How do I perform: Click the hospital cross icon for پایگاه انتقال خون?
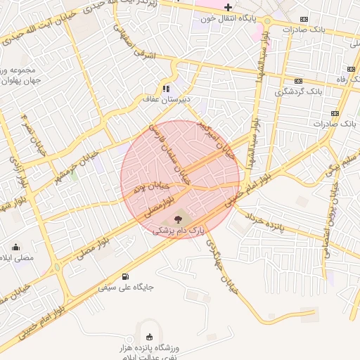pyautogui.click(x=228, y=7)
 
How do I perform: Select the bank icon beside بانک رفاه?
pyautogui.click(x=351, y=69)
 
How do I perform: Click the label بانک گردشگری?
pyautogui.click(x=300, y=91)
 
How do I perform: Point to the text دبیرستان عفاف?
pyautogui.click(x=163, y=101)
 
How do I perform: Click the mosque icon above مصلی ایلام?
pyautogui.click(x=15, y=247)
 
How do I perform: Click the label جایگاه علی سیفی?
pyautogui.click(x=126, y=287)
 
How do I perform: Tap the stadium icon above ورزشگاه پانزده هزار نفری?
pyautogui.click(x=148, y=336)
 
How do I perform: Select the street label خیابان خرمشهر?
pyautogui.click(x=73, y=167)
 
